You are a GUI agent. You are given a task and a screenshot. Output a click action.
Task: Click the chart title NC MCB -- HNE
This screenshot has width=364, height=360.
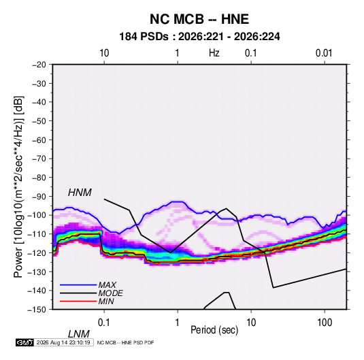pos(199,19)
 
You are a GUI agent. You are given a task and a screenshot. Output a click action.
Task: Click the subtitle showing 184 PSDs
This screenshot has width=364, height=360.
pos(199,37)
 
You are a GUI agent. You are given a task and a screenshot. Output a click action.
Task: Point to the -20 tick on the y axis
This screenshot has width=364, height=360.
pos(39,65)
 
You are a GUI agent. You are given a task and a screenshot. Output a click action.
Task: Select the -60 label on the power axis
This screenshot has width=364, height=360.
pos(39,140)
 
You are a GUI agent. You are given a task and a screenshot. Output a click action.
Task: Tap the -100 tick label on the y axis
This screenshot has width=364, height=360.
pos(37,215)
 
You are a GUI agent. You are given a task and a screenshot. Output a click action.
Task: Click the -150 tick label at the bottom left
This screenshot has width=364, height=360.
pos(37,310)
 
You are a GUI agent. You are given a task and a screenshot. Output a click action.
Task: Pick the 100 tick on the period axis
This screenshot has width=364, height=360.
pos(325,323)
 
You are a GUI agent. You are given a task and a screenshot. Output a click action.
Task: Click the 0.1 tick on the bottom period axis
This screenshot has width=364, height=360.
pos(104,323)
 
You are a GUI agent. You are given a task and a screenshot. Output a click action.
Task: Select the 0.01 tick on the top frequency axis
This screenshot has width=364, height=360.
pos(324,53)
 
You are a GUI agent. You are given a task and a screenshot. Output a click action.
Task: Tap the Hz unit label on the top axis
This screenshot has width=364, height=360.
pos(214,53)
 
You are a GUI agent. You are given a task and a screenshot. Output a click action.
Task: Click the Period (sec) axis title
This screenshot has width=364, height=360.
pos(214,330)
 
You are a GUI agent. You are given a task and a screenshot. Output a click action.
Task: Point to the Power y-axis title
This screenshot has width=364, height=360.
pos(18,186)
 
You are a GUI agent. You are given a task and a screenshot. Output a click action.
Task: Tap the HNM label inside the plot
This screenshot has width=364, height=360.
pos(80,193)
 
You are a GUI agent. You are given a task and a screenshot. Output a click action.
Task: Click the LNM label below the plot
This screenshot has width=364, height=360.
pos(79,334)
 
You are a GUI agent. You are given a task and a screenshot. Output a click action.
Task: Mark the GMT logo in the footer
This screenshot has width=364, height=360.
pos(24,342)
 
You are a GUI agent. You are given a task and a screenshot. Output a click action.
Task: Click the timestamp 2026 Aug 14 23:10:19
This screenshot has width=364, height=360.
pos(63,342)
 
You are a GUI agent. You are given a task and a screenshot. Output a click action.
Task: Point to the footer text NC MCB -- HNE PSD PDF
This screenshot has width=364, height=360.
pos(125,342)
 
